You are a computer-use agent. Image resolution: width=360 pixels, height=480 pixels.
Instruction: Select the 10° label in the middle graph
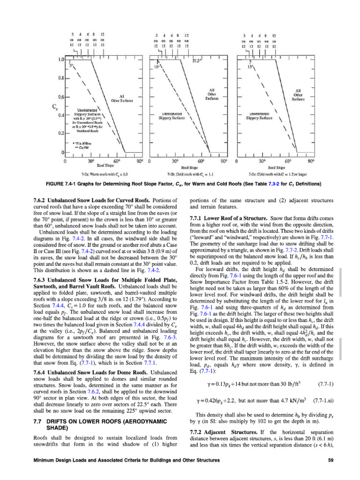[159, 67]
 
